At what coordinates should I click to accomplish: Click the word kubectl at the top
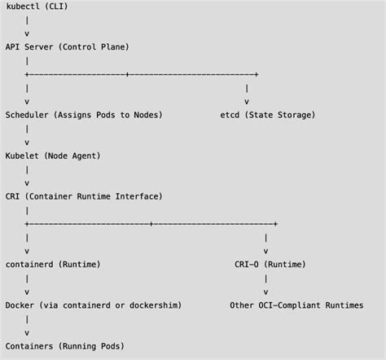[x=22, y=7]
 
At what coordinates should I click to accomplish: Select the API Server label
[x=30, y=47]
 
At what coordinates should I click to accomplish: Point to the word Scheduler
[x=28, y=115]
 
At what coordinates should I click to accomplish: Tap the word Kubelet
[x=22, y=156]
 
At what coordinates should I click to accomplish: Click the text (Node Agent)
[x=72, y=156]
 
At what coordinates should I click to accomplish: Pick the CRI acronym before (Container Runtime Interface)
[x=12, y=196]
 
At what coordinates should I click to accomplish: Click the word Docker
[x=20, y=305]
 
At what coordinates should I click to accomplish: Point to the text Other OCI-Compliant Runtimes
[x=296, y=305]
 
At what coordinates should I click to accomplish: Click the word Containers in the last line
[x=30, y=346]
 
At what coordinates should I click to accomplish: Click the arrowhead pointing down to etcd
[x=246, y=102]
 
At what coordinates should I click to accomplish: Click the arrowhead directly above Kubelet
[x=27, y=143]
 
